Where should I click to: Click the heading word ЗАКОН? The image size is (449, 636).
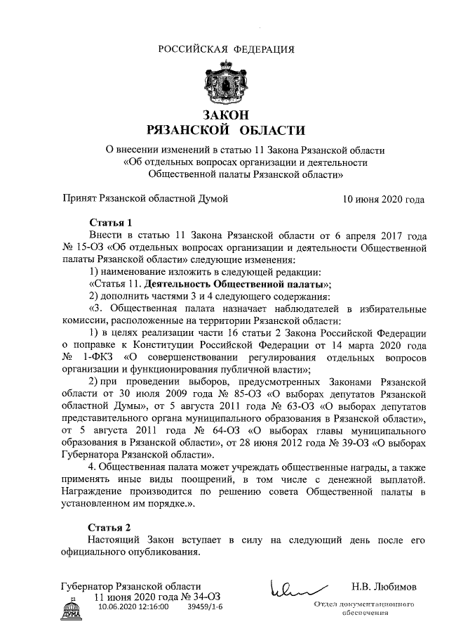tap(224, 115)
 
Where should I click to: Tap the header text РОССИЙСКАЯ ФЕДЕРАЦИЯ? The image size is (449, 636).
tap(225, 48)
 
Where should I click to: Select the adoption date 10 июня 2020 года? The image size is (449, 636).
tap(384, 200)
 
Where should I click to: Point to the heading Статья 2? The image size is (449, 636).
tap(111, 527)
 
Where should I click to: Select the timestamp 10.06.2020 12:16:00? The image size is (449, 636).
tap(133, 607)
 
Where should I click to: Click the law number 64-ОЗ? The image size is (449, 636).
tap(200, 431)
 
